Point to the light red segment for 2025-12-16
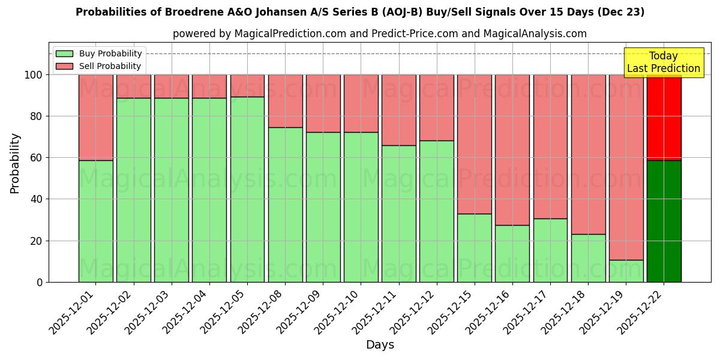pyautogui.click(x=512, y=150)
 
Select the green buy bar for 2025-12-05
pyautogui.click(x=247, y=189)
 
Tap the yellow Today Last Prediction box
pyautogui.click(x=664, y=62)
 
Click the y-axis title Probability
pyautogui.click(x=15, y=163)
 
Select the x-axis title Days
pyautogui.click(x=380, y=345)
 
